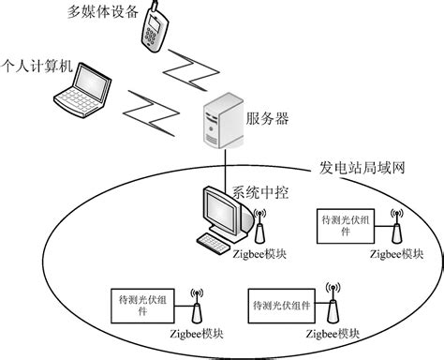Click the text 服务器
(266, 118)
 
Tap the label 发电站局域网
(359, 169)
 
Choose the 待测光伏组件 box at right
(346, 224)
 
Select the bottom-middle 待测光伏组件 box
(277, 306)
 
